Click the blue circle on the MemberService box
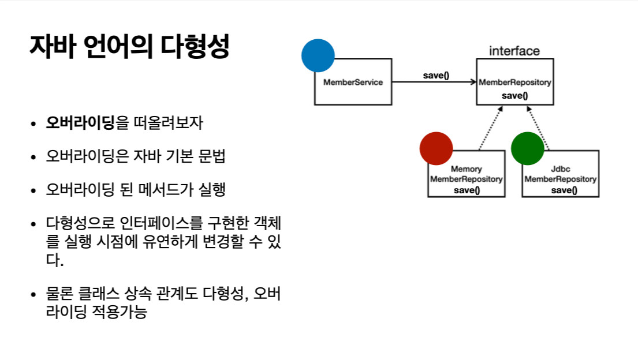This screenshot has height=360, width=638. pyautogui.click(x=318, y=55)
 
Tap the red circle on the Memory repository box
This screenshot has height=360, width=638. pyautogui.click(x=436, y=149)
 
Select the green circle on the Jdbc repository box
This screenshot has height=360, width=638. pyautogui.click(x=528, y=148)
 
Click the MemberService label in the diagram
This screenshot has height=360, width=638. pyautogui.click(x=353, y=82)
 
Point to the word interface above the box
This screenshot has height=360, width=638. pyautogui.click(x=514, y=51)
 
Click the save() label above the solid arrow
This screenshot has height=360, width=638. pyautogui.click(x=436, y=76)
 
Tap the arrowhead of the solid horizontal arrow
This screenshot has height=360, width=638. pyautogui.click(x=473, y=82)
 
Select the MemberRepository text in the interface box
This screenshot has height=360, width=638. pyautogui.click(x=515, y=82)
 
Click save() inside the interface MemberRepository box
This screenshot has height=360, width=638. pyautogui.click(x=515, y=95)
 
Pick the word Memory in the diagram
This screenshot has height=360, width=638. pyautogui.click(x=466, y=169)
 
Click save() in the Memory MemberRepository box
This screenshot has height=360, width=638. pyautogui.click(x=467, y=190)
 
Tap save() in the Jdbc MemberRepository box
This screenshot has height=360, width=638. pyautogui.click(x=561, y=190)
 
